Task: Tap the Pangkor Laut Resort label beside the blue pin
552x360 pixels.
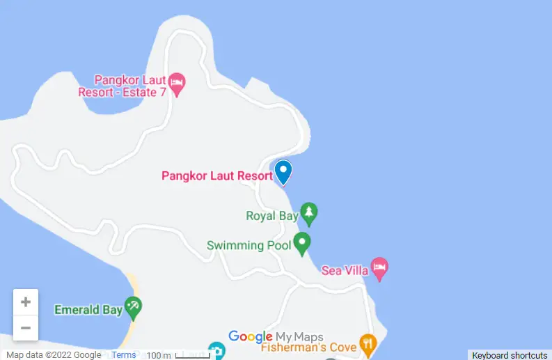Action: [x=216, y=175]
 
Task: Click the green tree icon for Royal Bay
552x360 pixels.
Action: [x=308, y=213]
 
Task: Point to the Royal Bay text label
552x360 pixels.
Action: [x=272, y=216]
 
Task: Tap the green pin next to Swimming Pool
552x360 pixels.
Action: [x=301, y=243]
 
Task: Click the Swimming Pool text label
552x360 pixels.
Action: [x=245, y=245]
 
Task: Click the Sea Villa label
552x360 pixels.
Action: [x=345, y=270]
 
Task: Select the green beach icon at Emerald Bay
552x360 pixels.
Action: [x=133, y=306]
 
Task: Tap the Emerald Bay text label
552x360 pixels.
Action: [x=88, y=310]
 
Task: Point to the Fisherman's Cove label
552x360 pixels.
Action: [x=308, y=347]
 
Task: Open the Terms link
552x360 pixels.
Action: [x=124, y=355]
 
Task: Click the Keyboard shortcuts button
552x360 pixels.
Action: [x=510, y=355]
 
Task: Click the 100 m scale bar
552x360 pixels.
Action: [x=178, y=355]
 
